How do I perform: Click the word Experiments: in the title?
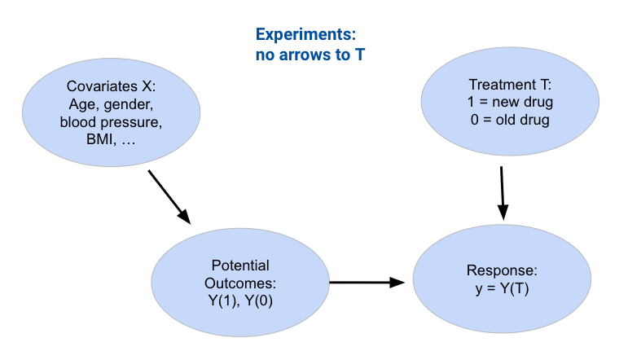click(306, 36)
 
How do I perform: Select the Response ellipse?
click(502, 279)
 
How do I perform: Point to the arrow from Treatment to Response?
click(503, 193)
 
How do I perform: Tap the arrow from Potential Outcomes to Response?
click(367, 283)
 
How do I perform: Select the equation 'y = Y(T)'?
click(502, 288)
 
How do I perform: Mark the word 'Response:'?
click(502, 270)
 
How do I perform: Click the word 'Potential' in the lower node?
click(240, 266)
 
